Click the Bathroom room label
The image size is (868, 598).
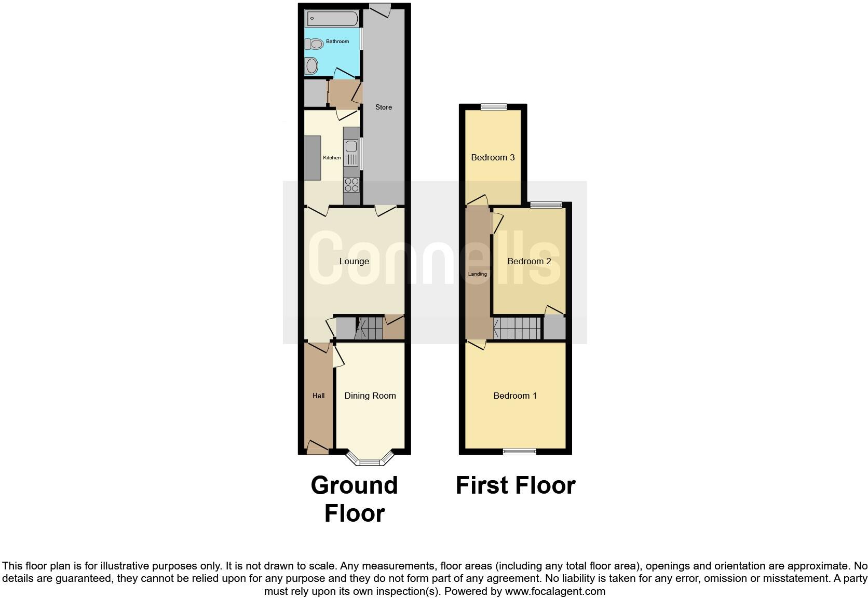pyautogui.click(x=337, y=42)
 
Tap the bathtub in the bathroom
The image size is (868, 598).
pyautogui.click(x=332, y=19)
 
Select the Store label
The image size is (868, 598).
pyautogui.click(x=384, y=107)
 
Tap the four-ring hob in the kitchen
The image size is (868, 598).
pyautogui.click(x=351, y=185)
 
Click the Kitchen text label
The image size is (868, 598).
pyautogui.click(x=332, y=158)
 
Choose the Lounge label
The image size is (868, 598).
pyautogui.click(x=354, y=261)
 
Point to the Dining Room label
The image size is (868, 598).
pyautogui.click(x=370, y=396)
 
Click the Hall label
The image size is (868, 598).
pyautogui.click(x=318, y=396)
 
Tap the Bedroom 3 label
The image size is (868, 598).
pyautogui.click(x=493, y=157)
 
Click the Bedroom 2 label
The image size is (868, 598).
pyautogui.click(x=529, y=261)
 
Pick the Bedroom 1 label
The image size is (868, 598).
pyautogui.click(x=515, y=396)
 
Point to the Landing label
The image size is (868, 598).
pyautogui.click(x=478, y=274)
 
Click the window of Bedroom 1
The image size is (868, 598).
pyautogui.click(x=520, y=452)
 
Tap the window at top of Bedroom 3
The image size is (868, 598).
pyautogui.click(x=493, y=107)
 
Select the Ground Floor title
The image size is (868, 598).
pyautogui.click(x=354, y=499)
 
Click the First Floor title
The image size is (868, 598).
pyautogui.click(x=516, y=486)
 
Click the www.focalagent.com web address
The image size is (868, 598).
pyautogui.click(x=555, y=591)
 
